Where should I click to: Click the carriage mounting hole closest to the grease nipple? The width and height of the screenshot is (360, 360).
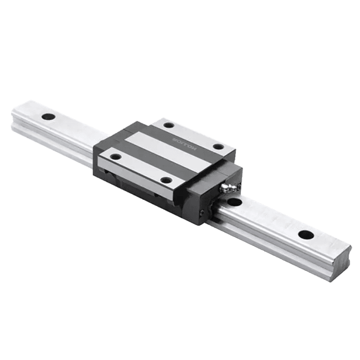(218, 147)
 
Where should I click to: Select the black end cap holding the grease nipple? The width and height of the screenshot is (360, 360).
(213, 194)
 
